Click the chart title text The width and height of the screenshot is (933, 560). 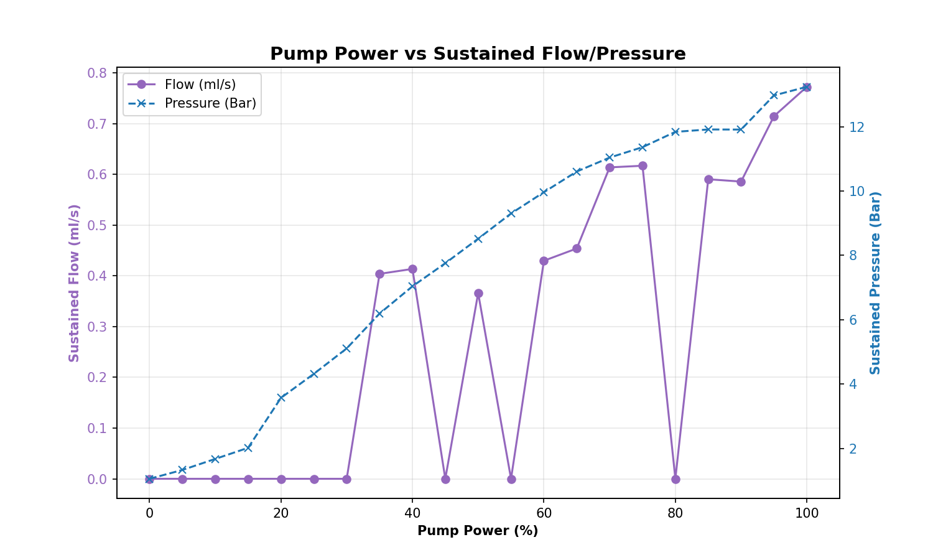(478, 54)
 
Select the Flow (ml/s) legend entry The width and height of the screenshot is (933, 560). (200, 85)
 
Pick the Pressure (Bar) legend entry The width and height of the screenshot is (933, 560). (210, 103)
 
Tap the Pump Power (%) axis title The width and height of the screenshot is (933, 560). (478, 531)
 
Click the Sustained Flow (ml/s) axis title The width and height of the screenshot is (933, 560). (74, 282)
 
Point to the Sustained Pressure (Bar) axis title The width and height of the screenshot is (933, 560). (875, 282)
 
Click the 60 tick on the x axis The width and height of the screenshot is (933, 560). (544, 513)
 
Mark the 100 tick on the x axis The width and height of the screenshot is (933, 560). (807, 513)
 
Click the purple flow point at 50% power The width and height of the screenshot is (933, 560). (478, 293)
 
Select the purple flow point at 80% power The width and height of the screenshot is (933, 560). (675, 479)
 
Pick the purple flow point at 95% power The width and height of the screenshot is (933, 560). (774, 116)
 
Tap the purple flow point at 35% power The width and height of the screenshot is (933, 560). (379, 274)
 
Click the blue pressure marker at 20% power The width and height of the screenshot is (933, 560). (281, 397)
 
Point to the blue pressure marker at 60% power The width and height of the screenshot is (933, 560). (544, 192)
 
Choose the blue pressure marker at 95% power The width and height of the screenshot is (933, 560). (774, 95)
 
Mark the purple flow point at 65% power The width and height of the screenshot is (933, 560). (577, 248)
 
